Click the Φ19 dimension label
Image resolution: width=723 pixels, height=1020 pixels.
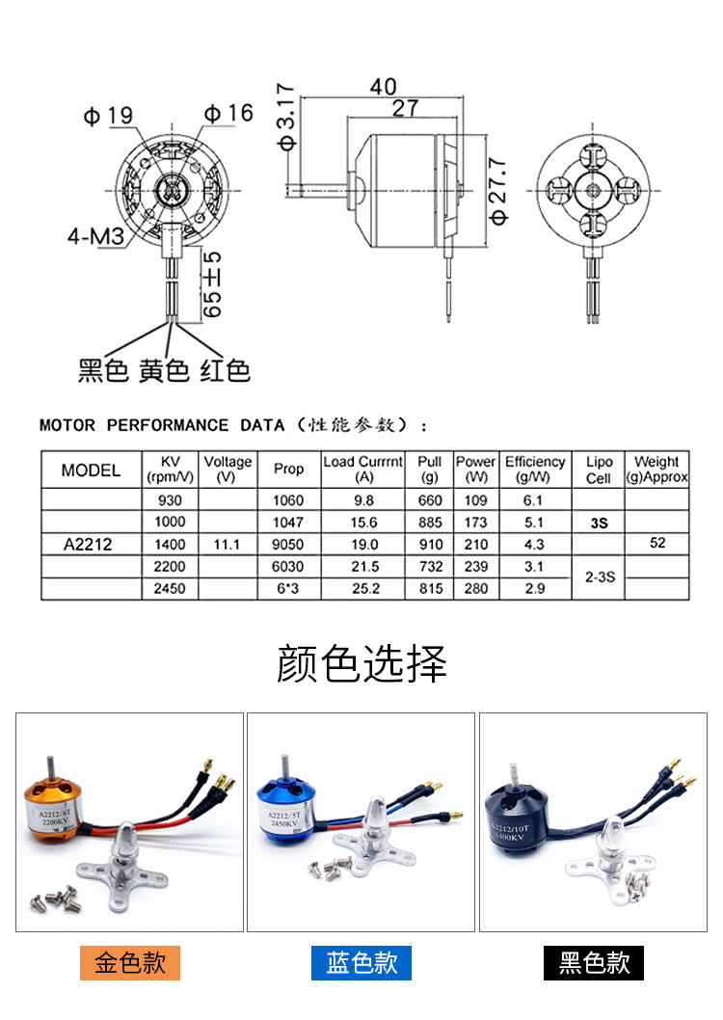point(107,117)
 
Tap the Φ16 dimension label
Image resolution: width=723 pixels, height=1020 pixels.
point(228,113)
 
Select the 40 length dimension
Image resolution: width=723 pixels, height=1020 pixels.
point(383,86)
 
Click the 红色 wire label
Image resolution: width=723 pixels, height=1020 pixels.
point(225,370)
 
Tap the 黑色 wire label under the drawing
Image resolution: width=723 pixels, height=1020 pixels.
point(103,370)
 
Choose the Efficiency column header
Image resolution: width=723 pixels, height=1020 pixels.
point(535,469)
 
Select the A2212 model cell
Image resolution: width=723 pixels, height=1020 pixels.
point(89,544)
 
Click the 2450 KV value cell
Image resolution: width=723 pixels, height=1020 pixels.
point(170,588)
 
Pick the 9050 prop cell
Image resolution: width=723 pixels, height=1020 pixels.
point(287,544)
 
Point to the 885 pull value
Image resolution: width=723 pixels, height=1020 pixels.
point(429,522)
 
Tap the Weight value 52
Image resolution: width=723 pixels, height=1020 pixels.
point(657,543)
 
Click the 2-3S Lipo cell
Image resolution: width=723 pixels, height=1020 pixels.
point(599,577)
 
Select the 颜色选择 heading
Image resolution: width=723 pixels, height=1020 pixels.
point(361,664)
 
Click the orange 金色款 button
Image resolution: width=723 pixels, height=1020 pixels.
point(130,962)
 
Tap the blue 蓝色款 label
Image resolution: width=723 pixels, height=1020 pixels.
point(361,962)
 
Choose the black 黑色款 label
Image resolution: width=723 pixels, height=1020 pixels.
point(593,962)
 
